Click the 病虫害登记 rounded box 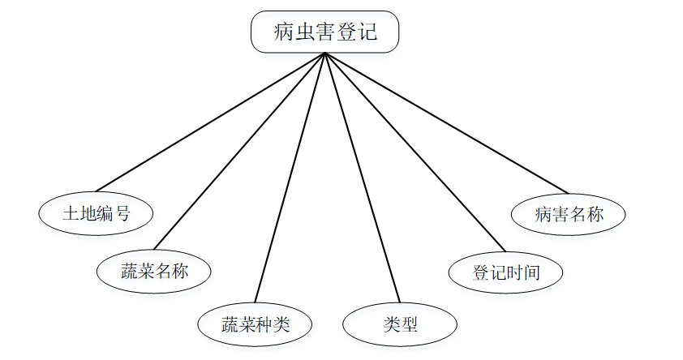point(324,32)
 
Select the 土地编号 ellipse point(96,214)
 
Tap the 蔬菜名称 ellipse point(154,271)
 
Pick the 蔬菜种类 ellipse point(256,325)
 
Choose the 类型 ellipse point(400,325)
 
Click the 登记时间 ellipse point(505,272)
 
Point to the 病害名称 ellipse point(569,214)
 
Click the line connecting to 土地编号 point(209,122)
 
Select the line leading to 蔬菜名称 point(239,152)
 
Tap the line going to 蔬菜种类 point(290,178)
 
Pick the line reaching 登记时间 point(415,152)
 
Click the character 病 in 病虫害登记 point(283,32)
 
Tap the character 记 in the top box point(367,32)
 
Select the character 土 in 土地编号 point(71,214)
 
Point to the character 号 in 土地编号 point(122,214)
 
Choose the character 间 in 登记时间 point(531,272)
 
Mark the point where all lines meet point(324,54)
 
